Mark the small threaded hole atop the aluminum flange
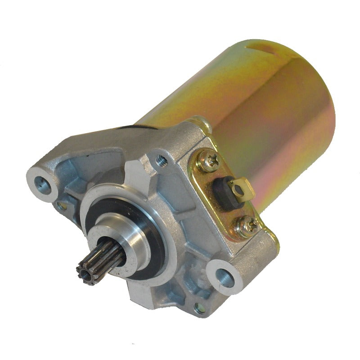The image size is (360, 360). tap(159, 158)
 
